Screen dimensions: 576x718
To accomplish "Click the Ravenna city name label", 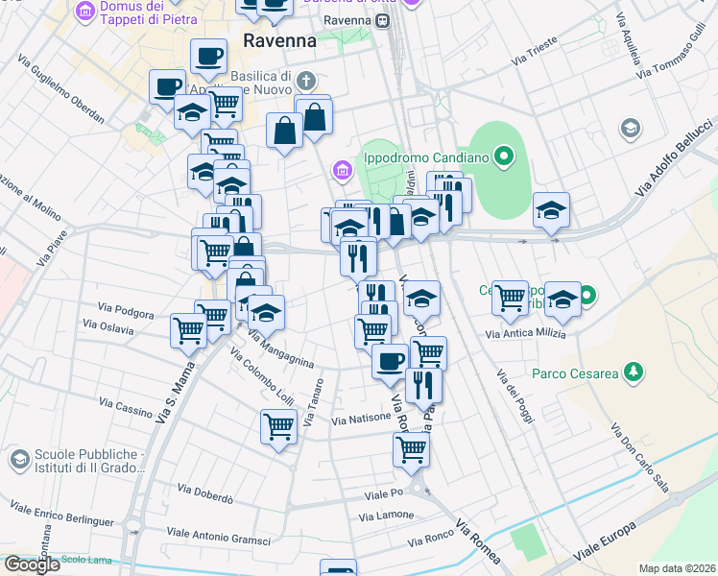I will point(279,41).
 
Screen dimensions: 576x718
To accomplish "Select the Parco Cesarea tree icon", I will point(633,371).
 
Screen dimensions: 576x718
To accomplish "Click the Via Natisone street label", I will point(362,419).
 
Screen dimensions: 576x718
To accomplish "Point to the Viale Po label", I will point(383,493).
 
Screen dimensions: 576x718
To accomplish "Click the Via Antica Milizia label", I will point(525,334).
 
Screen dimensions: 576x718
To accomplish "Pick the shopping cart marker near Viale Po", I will point(412,448).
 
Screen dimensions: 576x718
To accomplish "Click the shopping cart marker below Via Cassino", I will point(278,425).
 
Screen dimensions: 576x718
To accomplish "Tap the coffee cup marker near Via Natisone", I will point(390,362).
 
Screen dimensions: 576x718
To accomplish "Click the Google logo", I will point(32,564).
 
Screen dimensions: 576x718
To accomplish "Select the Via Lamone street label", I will point(386,516).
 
